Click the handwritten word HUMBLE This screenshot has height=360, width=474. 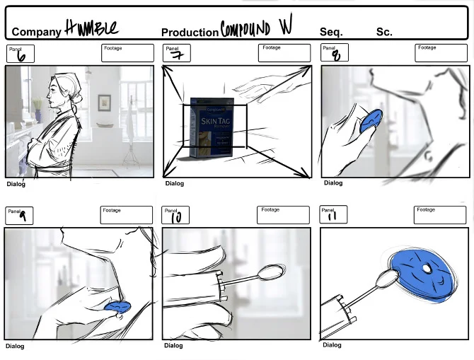[92, 28]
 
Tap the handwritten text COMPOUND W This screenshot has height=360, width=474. [256, 28]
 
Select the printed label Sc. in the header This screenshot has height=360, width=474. [383, 32]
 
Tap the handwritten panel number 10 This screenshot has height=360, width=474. [175, 218]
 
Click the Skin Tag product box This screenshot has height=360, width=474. [211, 128]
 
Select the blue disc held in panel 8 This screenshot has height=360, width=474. [370, 121]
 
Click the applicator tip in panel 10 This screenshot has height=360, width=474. [270, 272]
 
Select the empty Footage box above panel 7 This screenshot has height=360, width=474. [284, 54]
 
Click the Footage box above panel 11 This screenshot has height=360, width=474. [440, 215]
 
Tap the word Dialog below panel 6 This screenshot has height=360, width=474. [16, 185]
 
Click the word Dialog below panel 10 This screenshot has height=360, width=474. [174, 346]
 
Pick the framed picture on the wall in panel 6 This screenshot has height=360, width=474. [104, 102]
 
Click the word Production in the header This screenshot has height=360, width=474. [190, 33]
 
